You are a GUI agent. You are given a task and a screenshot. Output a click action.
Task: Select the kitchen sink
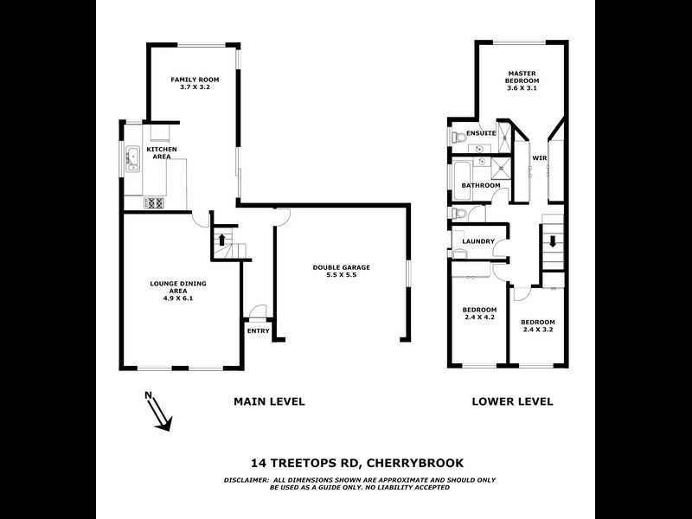pos(133,159)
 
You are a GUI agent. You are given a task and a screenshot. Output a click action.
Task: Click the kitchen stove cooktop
pos(153,203)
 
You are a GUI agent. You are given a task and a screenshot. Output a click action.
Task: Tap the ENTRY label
pos(258,330)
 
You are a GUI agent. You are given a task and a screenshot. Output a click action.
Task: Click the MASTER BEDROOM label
pos(522,76)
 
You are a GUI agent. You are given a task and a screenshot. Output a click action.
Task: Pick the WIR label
pos(539,158)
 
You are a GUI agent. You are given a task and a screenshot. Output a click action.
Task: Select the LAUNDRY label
pos(478,241)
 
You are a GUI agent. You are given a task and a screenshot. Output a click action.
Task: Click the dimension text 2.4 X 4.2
pos(479,317)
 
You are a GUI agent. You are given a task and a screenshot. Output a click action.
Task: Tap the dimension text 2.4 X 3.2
pos(538,329)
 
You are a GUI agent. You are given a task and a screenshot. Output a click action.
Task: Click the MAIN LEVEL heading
pos(269,401)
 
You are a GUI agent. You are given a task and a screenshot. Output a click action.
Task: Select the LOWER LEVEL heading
pos(511,401)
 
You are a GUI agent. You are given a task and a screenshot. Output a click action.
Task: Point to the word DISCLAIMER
pos(223,479)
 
